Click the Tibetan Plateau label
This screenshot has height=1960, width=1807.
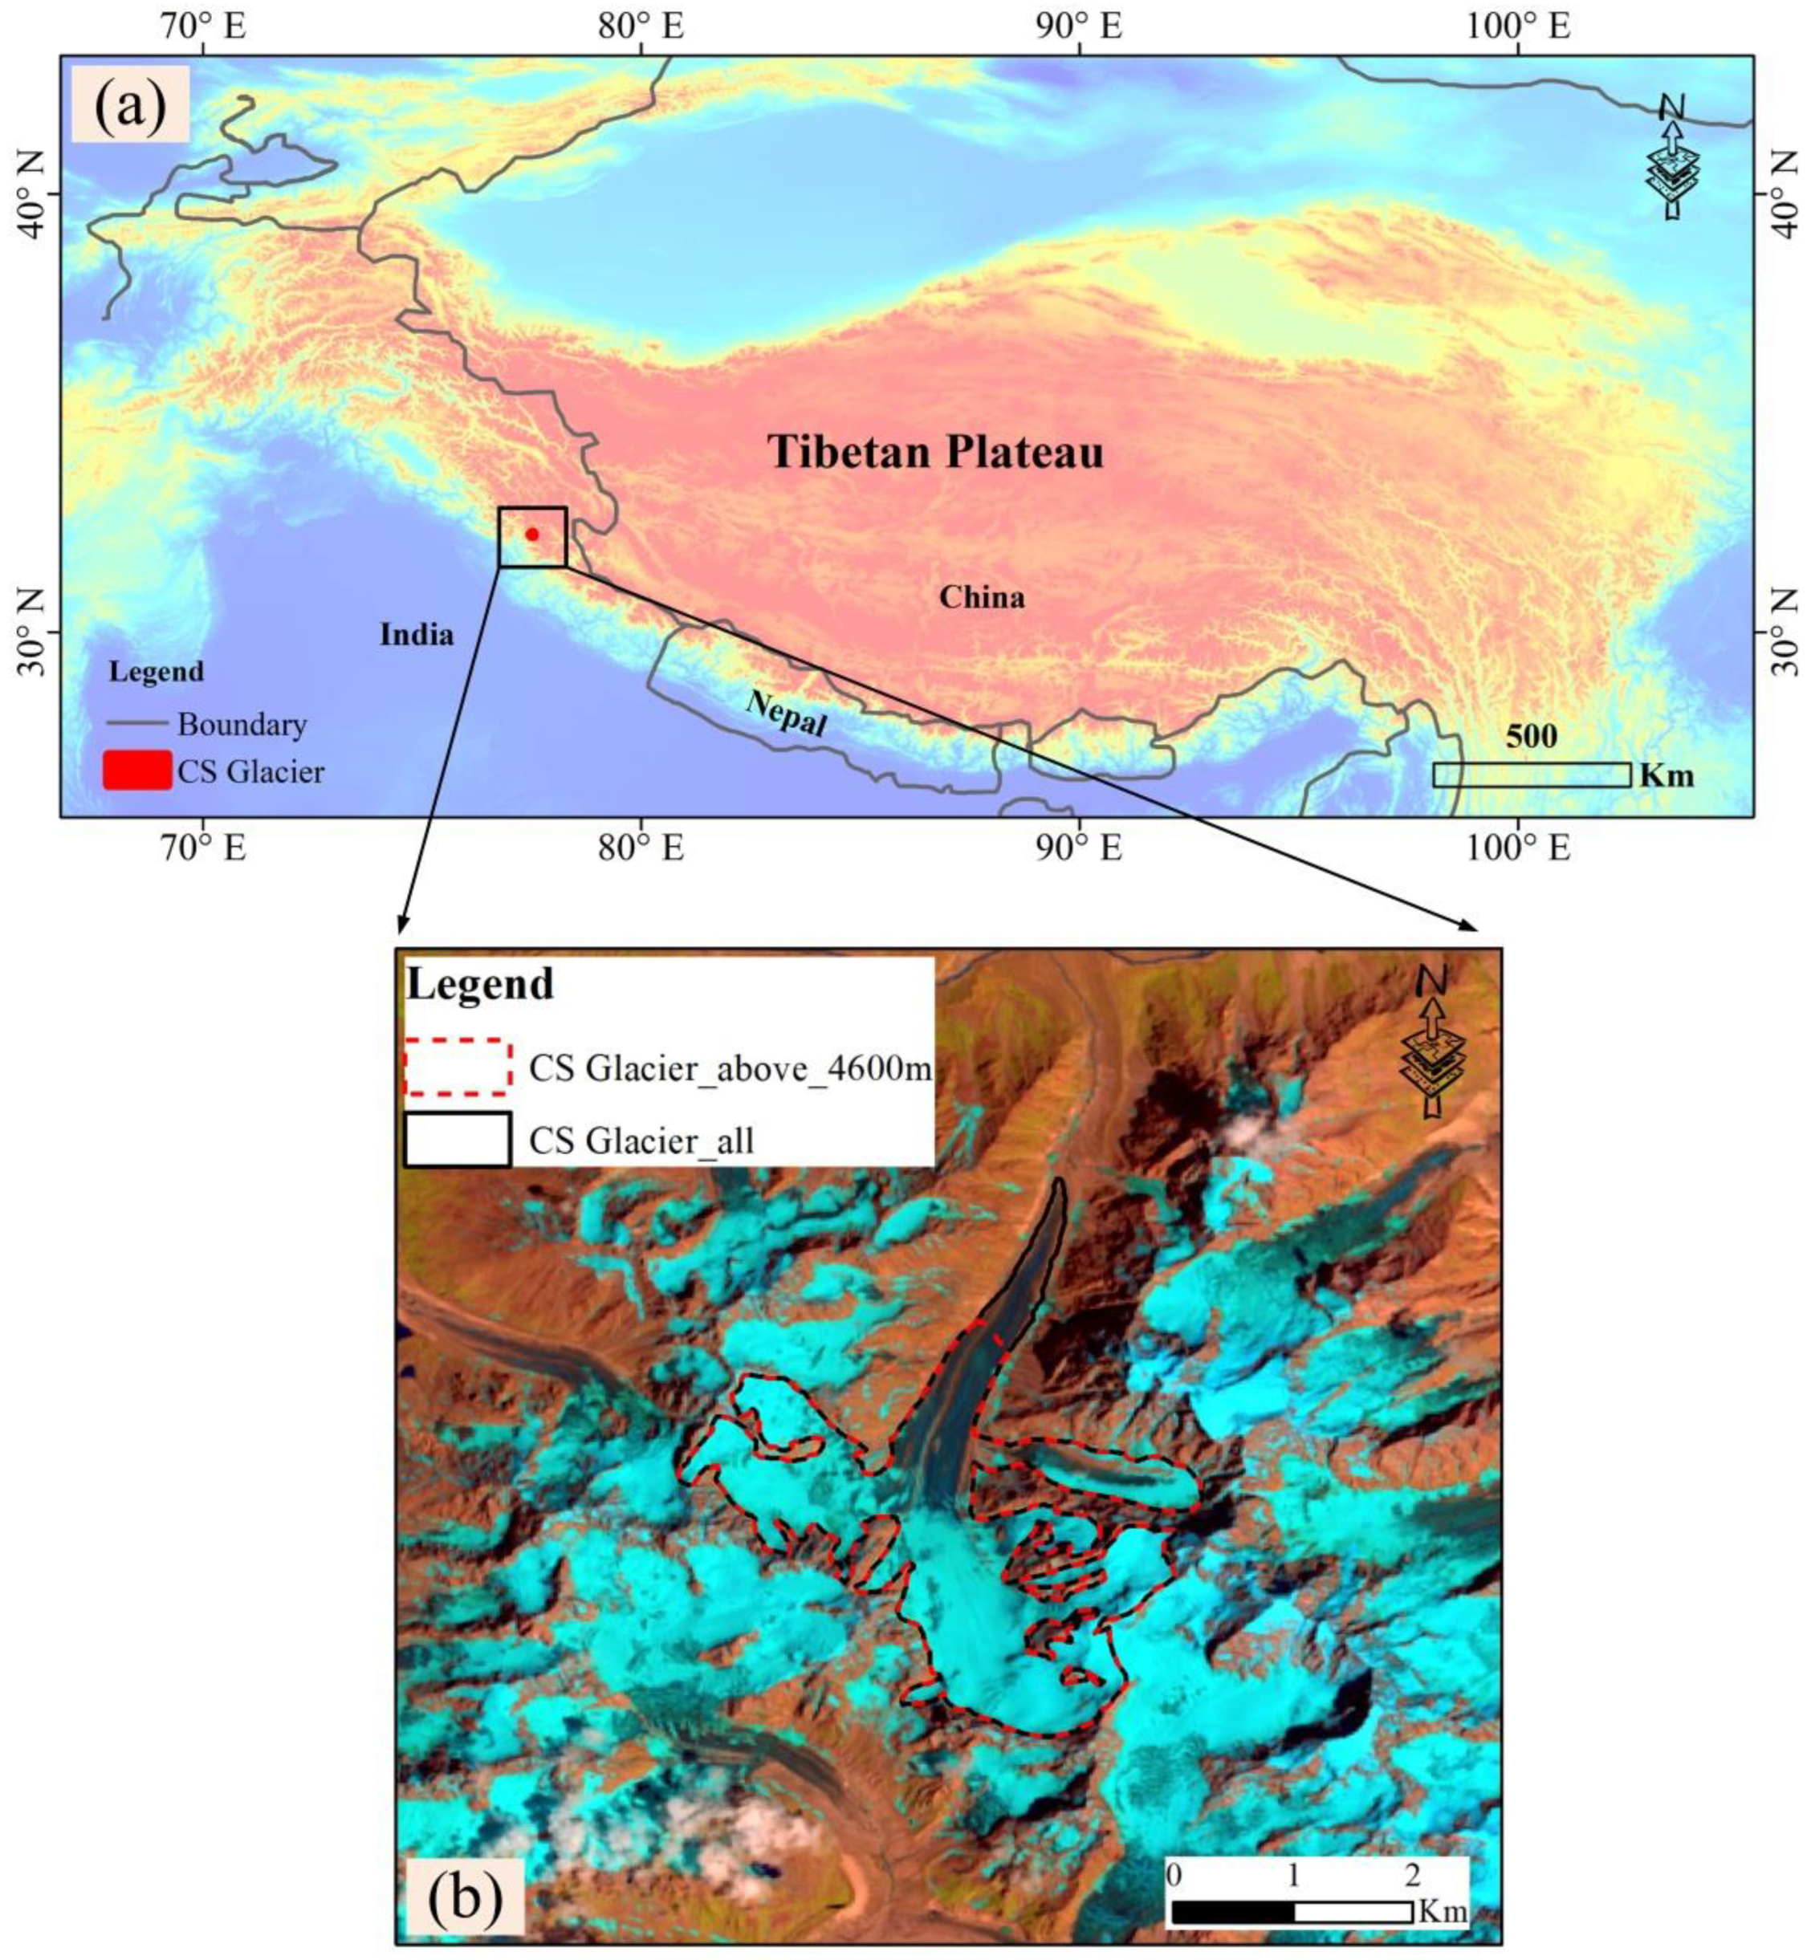click(x=936, y=453)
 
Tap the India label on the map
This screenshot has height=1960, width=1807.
click(x=417, y=636)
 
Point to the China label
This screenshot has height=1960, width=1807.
click(x=982, y=597)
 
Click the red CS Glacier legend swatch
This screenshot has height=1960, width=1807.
click(x=136, y=771)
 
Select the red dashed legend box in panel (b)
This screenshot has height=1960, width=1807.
click(x=458, y=1067)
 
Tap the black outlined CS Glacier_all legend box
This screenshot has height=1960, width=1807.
click(x=458, y=1140)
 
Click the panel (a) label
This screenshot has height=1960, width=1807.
click(x=130, y=104)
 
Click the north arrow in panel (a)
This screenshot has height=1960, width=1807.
click(x=1673, y=157)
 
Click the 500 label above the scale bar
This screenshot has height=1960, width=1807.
click(x=1532, y=736)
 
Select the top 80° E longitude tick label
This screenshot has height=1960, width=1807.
click(x=641, y=26)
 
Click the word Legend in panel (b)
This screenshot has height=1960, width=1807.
click(x=480, y=984)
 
